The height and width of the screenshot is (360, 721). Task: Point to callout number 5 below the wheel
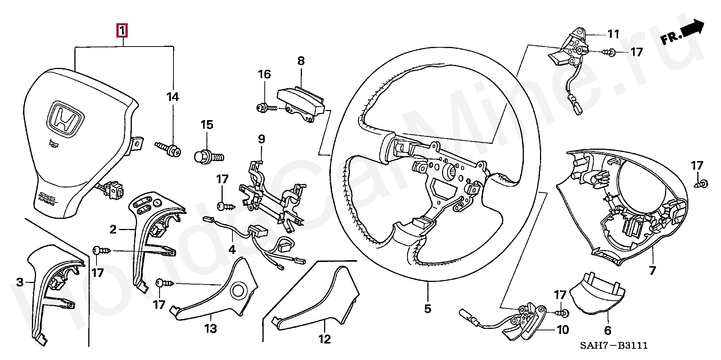tap(428, 309)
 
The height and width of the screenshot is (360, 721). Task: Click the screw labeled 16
tap(267, 108)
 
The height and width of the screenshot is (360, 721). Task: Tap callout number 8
tap(302, 61)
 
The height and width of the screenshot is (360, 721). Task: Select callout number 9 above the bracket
tap(261, 140)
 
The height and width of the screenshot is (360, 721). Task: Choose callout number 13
tap(211, 329)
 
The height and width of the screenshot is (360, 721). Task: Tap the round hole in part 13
tap(238, 290)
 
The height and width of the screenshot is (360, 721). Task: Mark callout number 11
tap(613, 35)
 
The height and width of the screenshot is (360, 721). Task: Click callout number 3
tap(20, 281)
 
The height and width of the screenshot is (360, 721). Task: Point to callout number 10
tap(562, 330)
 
